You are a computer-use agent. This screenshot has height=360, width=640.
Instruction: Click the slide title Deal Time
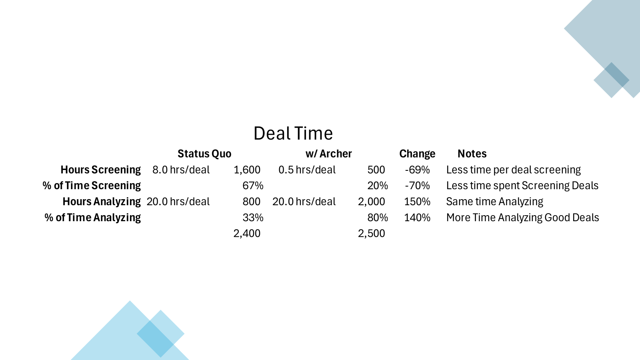(293, 134)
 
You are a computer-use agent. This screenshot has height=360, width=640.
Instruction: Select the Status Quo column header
(204, 154)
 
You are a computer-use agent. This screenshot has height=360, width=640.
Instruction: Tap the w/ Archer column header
(328, 154)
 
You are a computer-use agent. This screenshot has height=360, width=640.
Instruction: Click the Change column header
(417, 154)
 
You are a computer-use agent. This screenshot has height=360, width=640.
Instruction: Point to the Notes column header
(472, 154)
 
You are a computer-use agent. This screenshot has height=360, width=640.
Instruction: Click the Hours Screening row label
(100, 170)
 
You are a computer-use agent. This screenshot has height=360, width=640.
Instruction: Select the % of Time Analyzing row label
(92, 218)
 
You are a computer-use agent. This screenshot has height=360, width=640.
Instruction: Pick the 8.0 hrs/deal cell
(181, 170)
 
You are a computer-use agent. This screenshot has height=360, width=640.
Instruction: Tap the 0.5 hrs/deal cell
(307, 170)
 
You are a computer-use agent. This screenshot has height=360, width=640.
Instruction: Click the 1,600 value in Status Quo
(247, 170)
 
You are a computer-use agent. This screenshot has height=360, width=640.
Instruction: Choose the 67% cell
(253, 186)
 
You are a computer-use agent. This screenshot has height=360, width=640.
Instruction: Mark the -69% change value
(417, 170)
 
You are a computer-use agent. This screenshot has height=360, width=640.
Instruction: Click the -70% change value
(417, 186)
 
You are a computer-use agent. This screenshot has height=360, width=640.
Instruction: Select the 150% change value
(417, 202)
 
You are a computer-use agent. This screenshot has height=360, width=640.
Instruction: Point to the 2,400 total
(247, 234)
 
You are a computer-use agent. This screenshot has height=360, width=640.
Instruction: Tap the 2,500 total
(372, 234)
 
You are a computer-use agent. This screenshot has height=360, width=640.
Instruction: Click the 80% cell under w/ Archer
(378, 218)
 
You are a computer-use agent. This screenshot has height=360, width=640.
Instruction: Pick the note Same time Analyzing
(494, 202)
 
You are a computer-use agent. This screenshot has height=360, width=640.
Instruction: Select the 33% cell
(253, 218)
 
